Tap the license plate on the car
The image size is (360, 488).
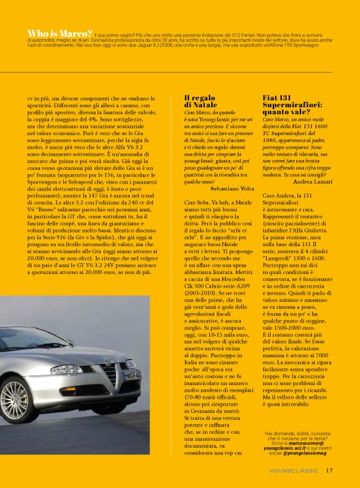click(132, 375)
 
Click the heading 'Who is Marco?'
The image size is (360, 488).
click(60, 33)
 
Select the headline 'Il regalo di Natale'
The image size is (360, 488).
click(200, 102)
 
